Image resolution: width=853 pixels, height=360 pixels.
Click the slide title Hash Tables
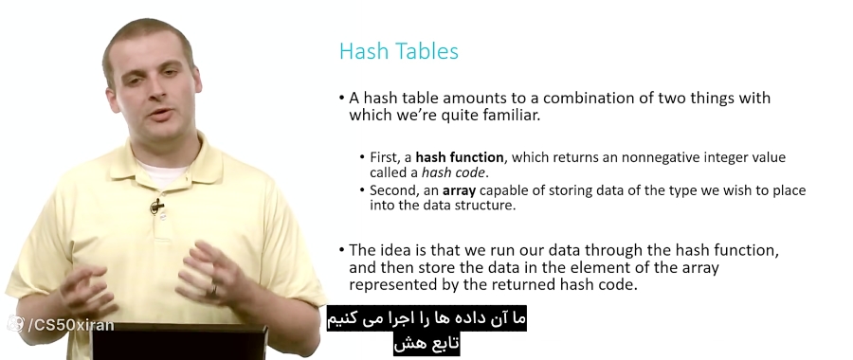[398, 51]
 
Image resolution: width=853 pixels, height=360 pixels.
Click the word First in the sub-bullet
[386, 157]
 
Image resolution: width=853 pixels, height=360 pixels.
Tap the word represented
[396, 284]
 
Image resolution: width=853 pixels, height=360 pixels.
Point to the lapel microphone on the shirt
[155, 206]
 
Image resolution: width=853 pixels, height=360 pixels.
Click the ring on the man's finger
[212, 289]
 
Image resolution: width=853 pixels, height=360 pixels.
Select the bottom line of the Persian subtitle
[426, 344]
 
